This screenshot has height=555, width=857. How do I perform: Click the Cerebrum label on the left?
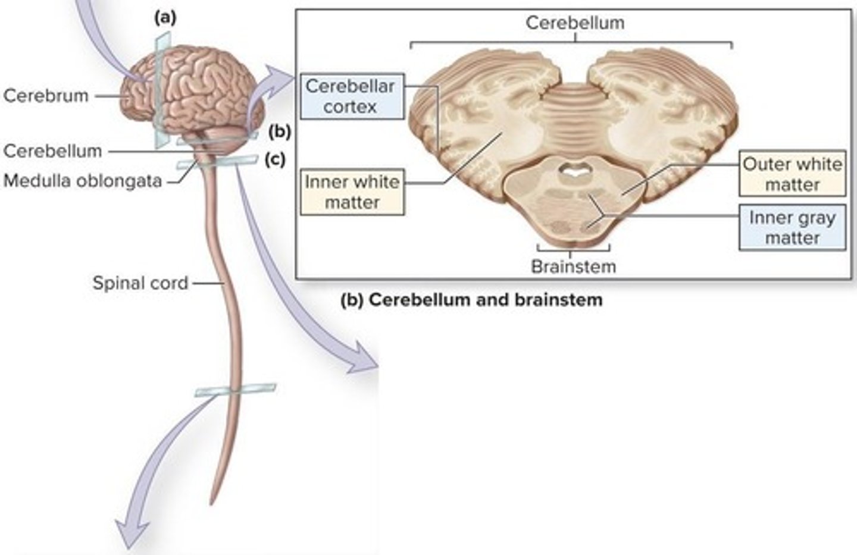(46, 95)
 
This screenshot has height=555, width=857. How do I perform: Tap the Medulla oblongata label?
(83, 180)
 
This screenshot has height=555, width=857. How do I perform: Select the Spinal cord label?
(140, 283)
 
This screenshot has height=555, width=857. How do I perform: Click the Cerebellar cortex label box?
(351, 96)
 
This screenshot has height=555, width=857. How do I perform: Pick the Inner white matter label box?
(352, 192)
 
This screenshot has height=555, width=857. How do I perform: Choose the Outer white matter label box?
(792, 174)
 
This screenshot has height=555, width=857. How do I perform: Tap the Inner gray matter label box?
(792, 227)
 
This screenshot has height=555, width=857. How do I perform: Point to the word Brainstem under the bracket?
(573, 266)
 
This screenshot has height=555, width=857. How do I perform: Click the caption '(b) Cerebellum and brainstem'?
(471, 299)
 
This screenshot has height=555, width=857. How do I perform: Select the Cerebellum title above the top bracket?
(575, 23)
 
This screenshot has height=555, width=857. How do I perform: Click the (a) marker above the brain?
(165, 18)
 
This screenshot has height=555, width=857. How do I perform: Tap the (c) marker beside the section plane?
(275, 159)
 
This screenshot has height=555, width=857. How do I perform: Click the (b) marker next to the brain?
(279, 131)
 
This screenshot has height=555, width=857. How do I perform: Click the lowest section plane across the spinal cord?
(235, 391)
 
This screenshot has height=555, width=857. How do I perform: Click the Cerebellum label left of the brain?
(52, 150)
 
